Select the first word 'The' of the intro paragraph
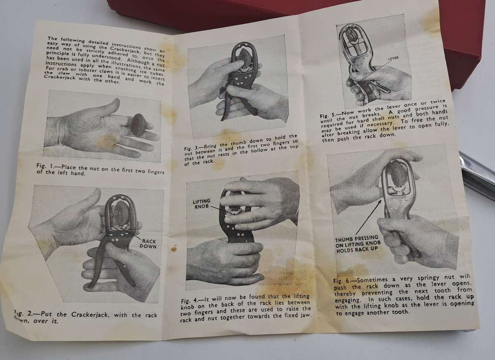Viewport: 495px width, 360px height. (53, 38)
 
